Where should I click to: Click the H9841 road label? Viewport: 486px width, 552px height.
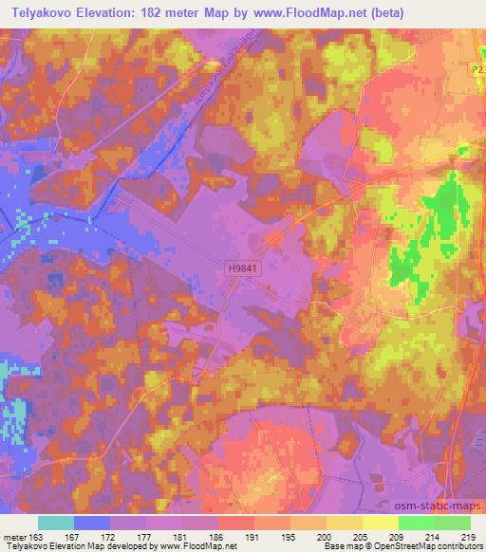[242, 270]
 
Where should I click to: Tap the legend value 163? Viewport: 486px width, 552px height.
[36, 536]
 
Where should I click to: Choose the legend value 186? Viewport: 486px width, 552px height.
[217, 536]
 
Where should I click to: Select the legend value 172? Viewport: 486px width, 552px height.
[109, 536]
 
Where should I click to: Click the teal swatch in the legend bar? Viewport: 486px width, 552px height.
[56, 523]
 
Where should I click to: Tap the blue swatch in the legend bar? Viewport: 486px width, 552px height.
[92, 523]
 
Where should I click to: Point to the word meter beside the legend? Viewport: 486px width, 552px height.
[13, 536]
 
